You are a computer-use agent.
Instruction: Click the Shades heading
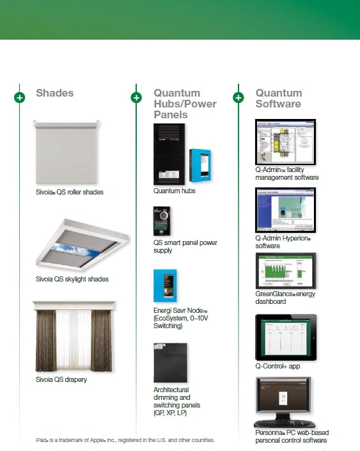(54, 93)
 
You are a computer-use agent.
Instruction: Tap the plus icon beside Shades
(20, 97)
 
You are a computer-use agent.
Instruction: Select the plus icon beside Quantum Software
(239, 97)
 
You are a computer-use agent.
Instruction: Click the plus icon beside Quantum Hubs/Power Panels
(136, 97)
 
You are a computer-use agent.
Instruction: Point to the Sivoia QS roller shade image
(66, 152)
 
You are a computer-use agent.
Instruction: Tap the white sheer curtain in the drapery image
(74, 340)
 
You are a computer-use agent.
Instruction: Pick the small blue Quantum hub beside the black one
(200, 165)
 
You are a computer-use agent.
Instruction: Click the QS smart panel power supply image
(162, 221)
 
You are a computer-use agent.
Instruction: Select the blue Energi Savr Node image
(165, 285)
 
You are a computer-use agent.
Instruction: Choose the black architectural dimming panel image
(170, 363)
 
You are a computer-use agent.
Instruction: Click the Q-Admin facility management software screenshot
(286, 142)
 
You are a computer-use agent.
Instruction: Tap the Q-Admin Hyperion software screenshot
(286, 210)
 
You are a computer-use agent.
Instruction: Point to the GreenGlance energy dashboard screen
(286, 271)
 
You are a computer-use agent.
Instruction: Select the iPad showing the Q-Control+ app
(286, 337)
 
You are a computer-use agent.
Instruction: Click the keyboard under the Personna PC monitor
(285, 424)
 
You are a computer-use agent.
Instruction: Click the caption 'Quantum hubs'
(175, 191)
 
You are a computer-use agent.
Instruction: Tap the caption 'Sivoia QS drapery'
(61, 379)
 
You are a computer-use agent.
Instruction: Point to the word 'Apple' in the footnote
(97, 440)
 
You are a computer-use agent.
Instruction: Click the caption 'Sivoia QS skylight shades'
(72, 280)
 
